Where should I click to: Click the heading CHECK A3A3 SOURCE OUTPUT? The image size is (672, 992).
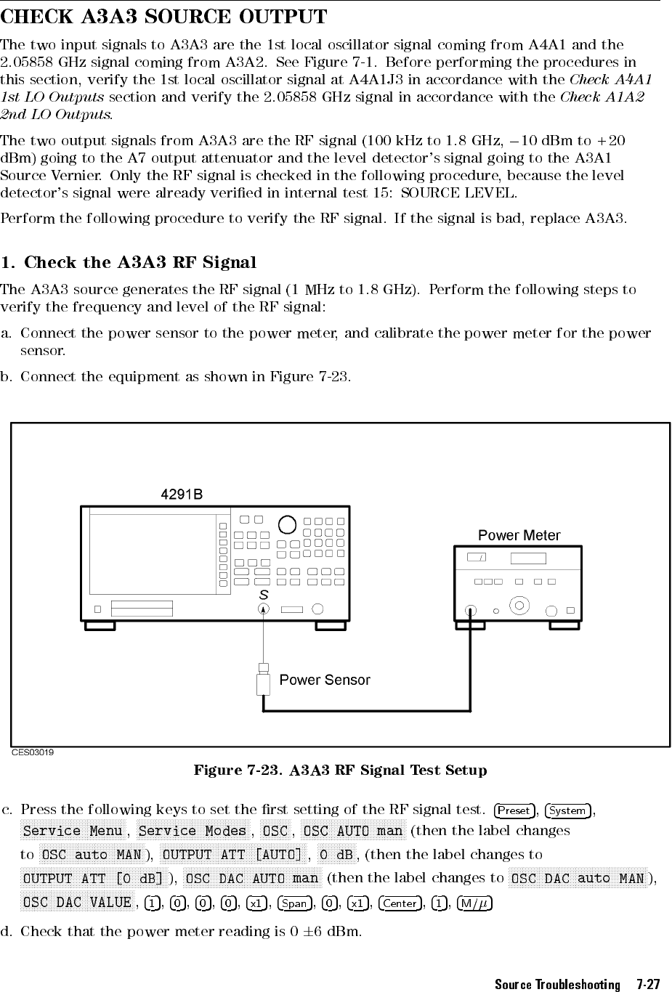pyautogui.click(x=163, y=15)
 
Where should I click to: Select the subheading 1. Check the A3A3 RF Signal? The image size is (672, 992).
pyautogui.click(x=129, y=262)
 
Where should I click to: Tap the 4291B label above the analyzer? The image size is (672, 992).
pyautogui.click(x=181, y=495)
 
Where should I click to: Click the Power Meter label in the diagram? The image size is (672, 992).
pyautogui.click(x=519, y=535)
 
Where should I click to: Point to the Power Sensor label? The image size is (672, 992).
pyautogui.click(x=325, y=680)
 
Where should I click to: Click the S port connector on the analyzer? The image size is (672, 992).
pyautogui.click(x=263, y=609)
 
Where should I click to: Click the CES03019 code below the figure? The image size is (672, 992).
pyautogui.click(x=32, y=752)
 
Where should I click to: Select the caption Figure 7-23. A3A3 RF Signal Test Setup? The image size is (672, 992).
pyautogui.click(x=340, y=770)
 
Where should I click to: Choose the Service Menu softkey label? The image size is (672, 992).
pyautogui.click(x=73, y=831)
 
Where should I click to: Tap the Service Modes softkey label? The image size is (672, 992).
pyautogui.click(x=193, y=831)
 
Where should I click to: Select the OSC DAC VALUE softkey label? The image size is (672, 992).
pyautogui.click(x=78, y=902)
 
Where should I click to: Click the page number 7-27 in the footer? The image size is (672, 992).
pyautogui.click(x=647, y=985)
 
